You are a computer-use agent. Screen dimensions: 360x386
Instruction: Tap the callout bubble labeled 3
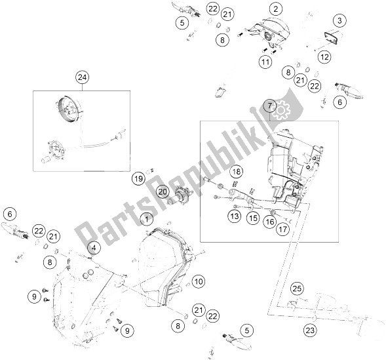click(x=339, y=22)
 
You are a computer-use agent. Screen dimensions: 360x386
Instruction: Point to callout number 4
click(x=95, y=248)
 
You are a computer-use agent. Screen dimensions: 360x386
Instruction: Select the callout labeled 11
click(x=264, y=63)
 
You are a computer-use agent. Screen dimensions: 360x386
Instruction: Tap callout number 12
click(x=324, y=58)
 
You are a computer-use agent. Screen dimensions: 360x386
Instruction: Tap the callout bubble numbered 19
click(x=138, y=178)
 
